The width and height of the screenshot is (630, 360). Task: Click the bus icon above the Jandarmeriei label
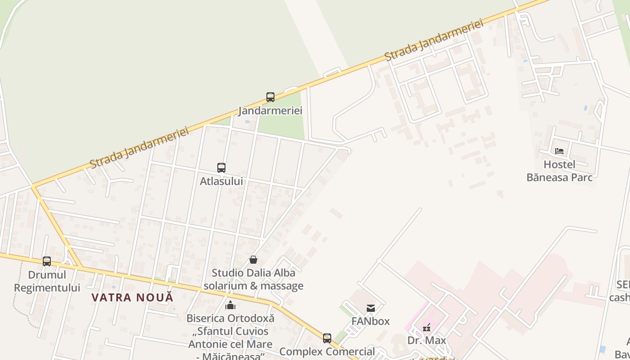270,97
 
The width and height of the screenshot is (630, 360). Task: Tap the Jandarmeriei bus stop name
270,111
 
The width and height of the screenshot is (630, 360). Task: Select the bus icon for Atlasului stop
221,168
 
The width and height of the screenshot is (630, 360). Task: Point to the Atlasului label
221,181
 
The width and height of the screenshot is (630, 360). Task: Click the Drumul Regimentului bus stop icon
47,261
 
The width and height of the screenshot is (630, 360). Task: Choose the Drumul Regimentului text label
47,281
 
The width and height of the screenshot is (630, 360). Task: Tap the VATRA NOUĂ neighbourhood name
132,297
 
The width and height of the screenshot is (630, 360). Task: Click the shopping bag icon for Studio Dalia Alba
253,260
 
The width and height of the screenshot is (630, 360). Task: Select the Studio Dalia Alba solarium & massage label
253,279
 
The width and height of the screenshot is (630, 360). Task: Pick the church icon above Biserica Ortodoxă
230,305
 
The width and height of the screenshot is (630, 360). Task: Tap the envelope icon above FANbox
371,308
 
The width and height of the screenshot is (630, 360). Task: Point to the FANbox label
371,321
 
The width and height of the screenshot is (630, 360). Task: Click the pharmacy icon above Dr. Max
426,327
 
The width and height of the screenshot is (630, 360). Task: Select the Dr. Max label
427,340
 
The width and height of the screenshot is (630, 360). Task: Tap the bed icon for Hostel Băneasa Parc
559,151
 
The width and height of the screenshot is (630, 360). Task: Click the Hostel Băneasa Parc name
559,171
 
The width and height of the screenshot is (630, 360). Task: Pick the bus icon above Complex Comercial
327,338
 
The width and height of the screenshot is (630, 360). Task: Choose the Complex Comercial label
327,351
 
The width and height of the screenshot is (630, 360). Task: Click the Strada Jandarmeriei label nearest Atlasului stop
139,148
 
